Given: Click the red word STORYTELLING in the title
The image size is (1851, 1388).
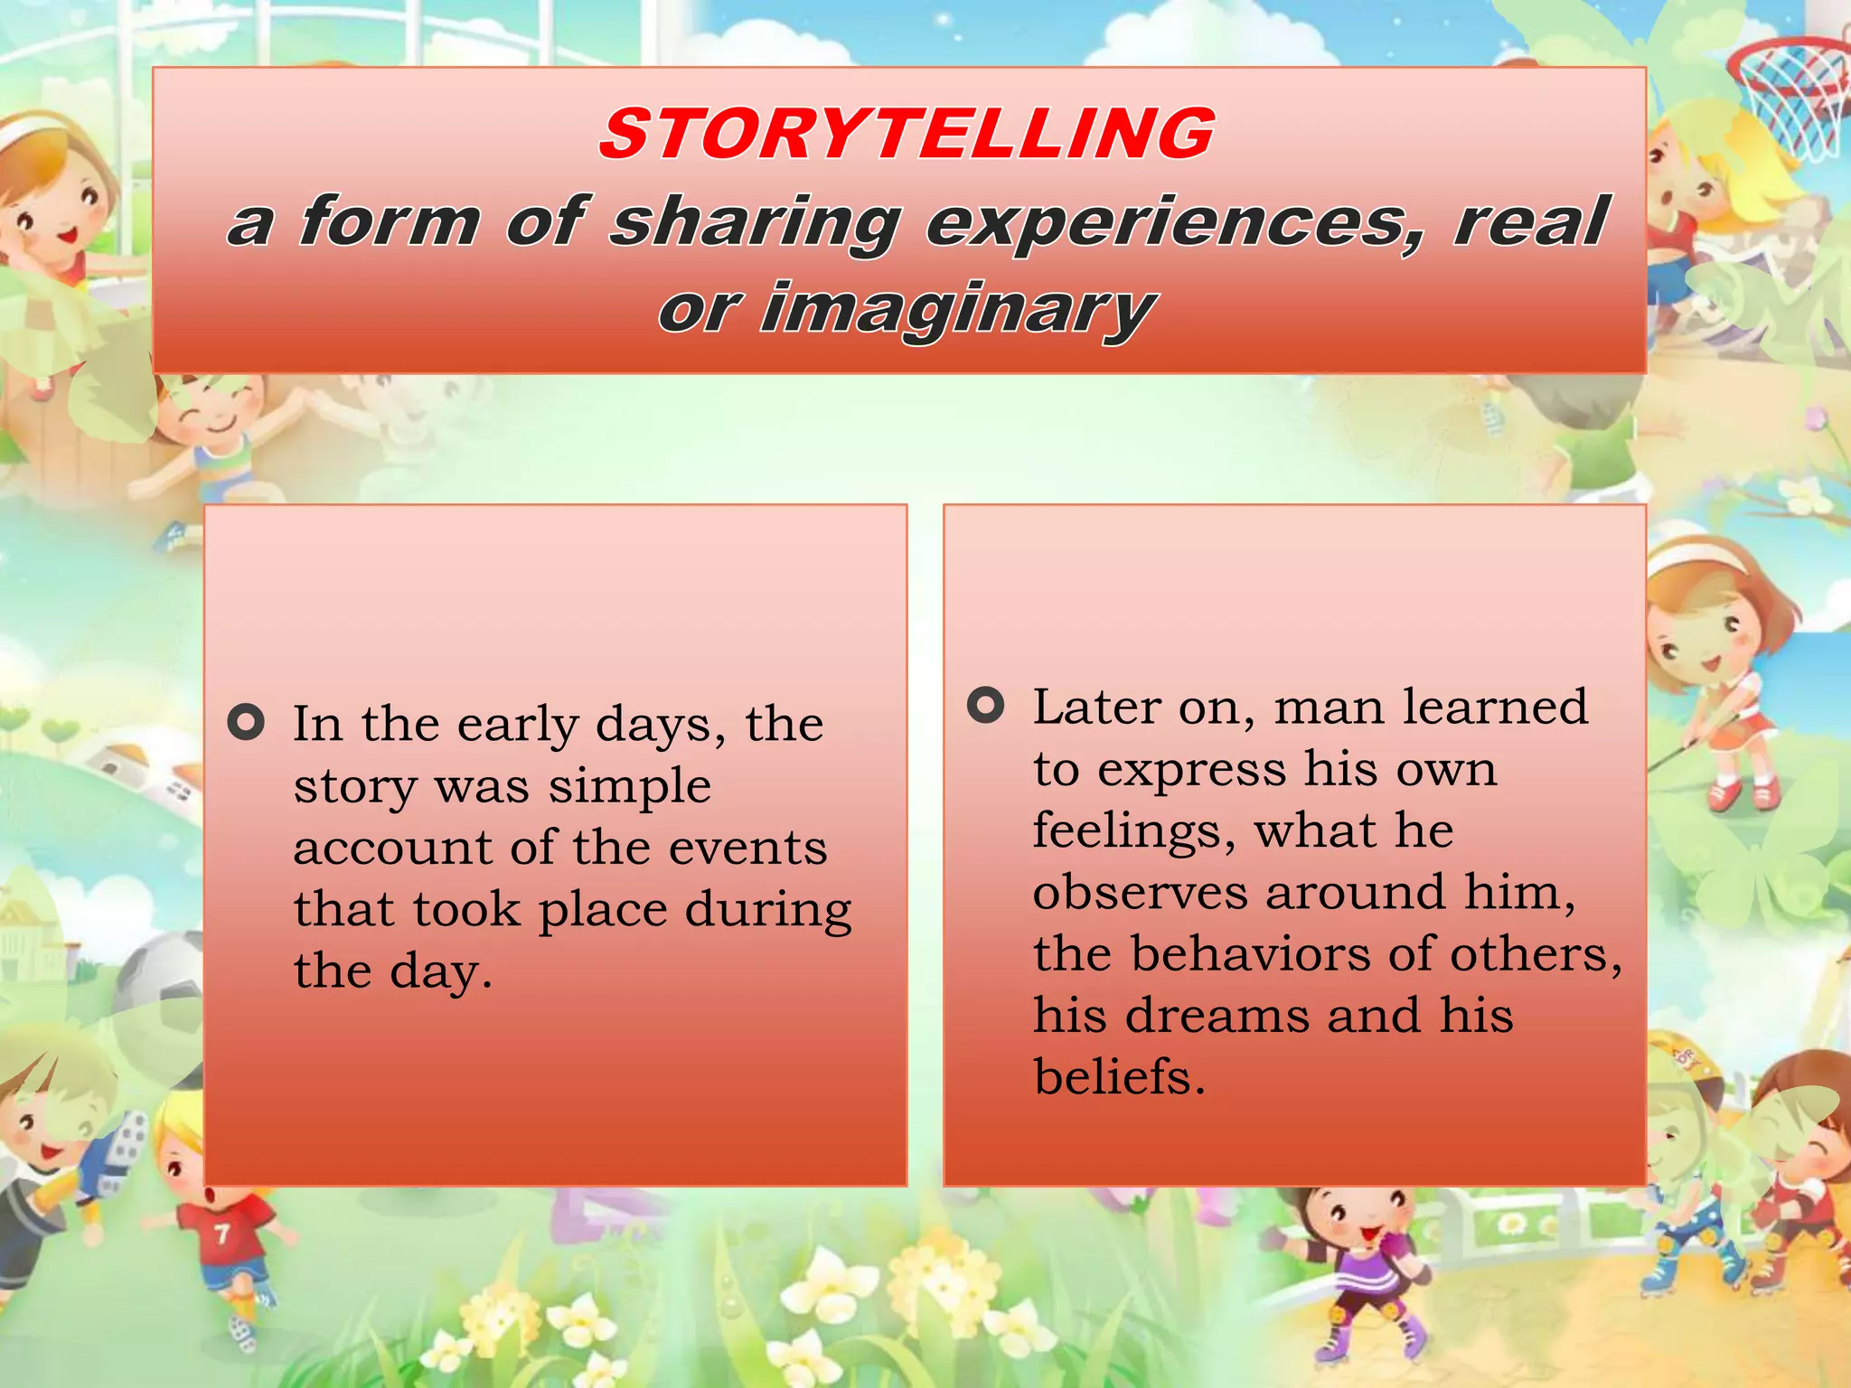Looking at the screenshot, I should [907, 134].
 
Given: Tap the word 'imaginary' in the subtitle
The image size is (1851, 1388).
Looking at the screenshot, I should [956, 310].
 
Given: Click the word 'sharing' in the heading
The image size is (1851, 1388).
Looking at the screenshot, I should [755, 222].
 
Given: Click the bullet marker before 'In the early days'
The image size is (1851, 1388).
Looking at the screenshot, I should [246, 722].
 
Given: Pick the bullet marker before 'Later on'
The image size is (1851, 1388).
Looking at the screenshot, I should [985, 705].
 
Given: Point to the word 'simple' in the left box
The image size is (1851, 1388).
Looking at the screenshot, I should [630, 785].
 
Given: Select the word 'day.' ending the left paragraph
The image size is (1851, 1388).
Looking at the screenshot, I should [441, 972].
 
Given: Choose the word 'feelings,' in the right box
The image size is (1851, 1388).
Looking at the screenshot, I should [1133, 830].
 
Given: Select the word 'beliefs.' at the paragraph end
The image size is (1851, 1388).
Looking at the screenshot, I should [1119, 1076].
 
